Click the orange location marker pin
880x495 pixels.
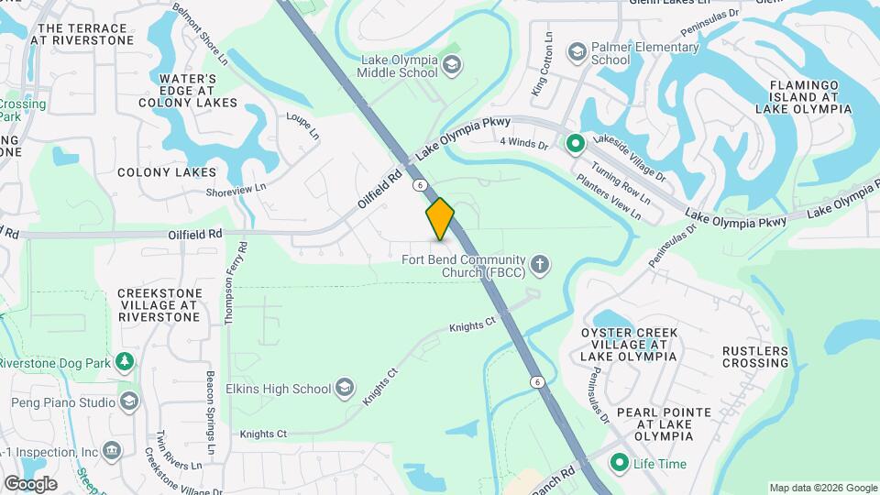(440, 218)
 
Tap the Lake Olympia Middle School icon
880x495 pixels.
(451, 64)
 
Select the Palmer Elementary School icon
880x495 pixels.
(577, 50)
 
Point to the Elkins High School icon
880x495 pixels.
(344, 389)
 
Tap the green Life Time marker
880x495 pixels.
(620, 463)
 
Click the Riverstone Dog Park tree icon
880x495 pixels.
(124, 361)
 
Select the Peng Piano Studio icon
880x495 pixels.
(129, 402)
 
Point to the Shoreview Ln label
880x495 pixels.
(236, 188)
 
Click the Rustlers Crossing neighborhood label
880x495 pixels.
(754, 357)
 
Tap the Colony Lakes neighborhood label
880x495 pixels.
(167, 172)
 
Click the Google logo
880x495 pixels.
(30, 483)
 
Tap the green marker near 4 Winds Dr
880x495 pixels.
(576, 143)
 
